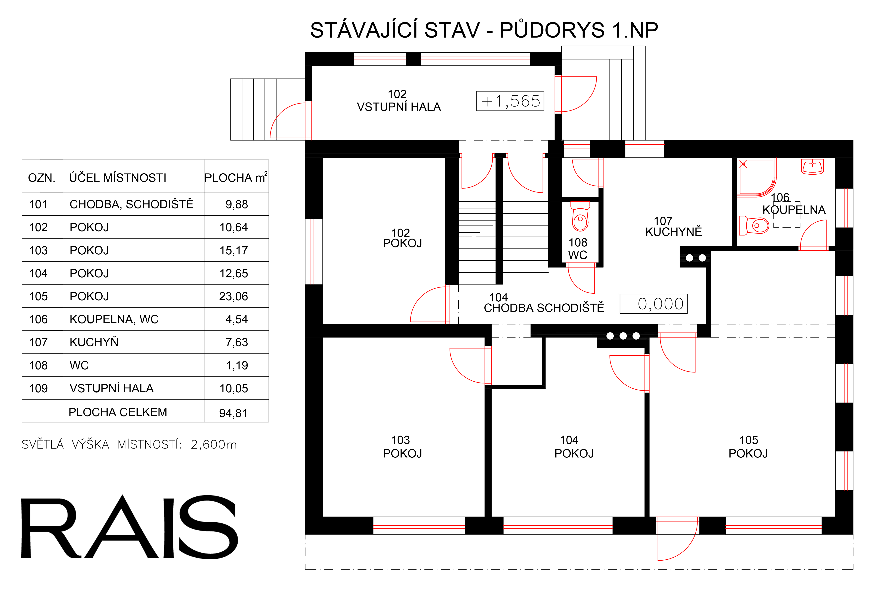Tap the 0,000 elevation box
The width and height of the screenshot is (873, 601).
653,304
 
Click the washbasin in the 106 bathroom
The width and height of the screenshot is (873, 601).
812,166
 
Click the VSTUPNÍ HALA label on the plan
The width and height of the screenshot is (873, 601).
399,107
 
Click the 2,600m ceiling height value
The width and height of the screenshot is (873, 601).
214,445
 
